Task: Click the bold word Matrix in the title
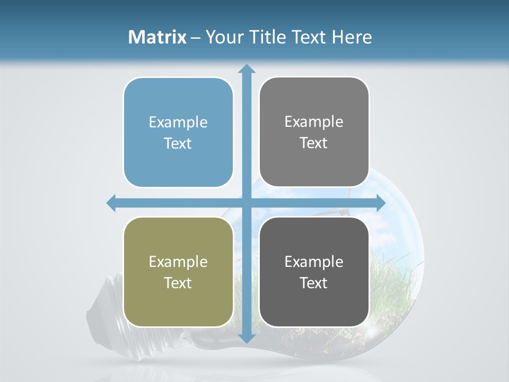(157, 37)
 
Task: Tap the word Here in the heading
(352, 37)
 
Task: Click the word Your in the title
(224, 37)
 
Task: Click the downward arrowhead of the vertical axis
(247, 338)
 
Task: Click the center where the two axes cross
(247, 203)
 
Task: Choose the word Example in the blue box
(178, 123)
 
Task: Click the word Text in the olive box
(178, 283)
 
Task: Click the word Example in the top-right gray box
(314, 122)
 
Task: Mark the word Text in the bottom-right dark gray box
(314, 283)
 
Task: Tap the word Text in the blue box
(178, 144)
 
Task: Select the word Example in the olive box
(178, 262)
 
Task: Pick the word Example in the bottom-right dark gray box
(314, 262)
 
